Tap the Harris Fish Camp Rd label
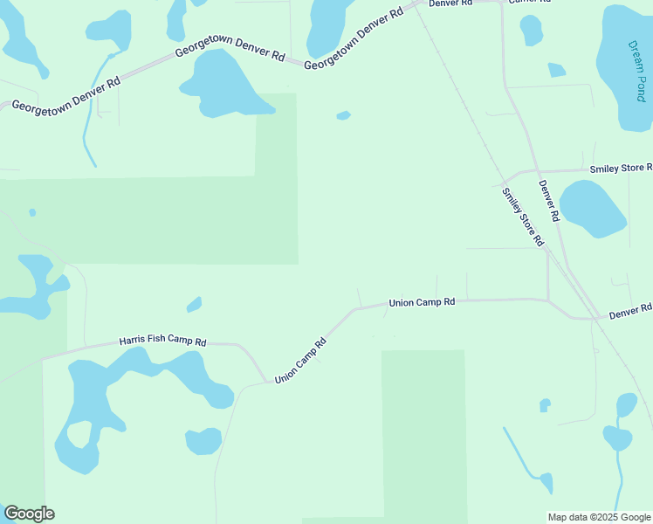point(162,342)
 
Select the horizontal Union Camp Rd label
point(422,302)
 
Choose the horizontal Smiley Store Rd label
point(621,168)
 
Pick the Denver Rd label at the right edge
point(630,311)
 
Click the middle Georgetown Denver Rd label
point(230,53)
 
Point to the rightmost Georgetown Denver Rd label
point(354,39)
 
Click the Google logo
point(29,514)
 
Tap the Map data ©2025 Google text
point(600,517)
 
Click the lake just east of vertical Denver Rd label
point(592,208)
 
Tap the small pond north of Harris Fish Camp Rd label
point(194,304)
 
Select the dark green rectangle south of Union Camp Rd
point(423,432)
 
